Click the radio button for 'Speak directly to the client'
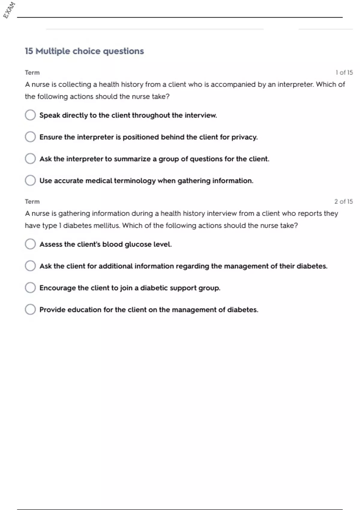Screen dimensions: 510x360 click(x=30, y=115)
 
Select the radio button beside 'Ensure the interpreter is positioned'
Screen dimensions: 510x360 click(x=30, y=137)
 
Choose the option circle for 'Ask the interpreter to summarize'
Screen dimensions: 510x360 click(x=30, y=159)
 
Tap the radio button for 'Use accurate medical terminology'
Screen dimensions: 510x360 click(x=30, y=181)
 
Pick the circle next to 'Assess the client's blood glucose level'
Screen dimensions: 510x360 click(x=30, y=244)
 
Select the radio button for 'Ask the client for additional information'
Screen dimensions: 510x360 click(x=30, y=266)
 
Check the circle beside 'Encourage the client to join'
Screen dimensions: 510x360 click(x=30, y=288)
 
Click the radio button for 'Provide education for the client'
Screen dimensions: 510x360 click(x=30, y=309)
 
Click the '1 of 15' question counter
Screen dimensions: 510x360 click(x=344, y=73)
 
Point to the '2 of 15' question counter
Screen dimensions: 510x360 click(x=343, y=202)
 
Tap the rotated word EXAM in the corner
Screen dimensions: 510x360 click(x=9, y=10)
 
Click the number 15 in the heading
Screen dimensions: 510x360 click(x=29, y=51)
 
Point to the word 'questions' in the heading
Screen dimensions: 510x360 click(x=123, y=51)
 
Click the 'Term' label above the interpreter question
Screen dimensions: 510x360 click(x=32, y=73)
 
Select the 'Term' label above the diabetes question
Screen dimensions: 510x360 click(x=32, y=202)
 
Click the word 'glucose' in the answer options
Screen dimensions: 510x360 click(x=138, y=244)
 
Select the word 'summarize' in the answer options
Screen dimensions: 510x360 click(x=132, y=159)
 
